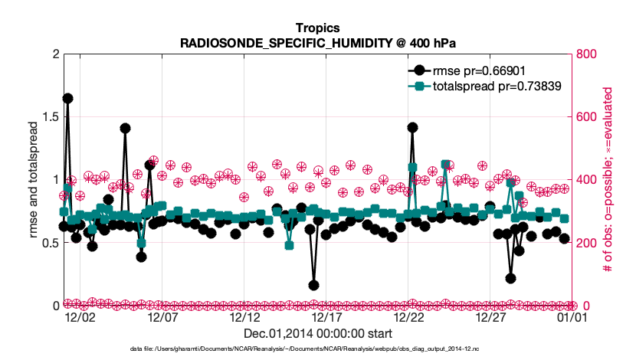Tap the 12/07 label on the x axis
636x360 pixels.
(x=162, y=316)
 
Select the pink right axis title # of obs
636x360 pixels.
(x=606, y=180)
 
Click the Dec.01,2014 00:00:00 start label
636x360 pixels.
(x=318, y=333)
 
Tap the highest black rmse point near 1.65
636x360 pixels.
(x=67, y=98)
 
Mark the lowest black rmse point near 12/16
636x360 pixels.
(x=313, y=285)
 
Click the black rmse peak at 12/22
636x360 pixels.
(x=412, y=127)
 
